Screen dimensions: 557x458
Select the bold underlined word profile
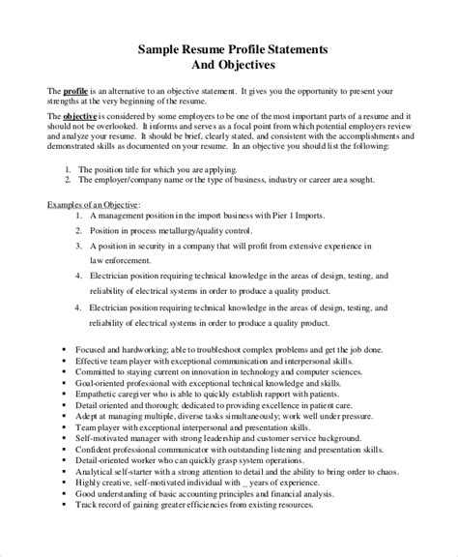point(76,90)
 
